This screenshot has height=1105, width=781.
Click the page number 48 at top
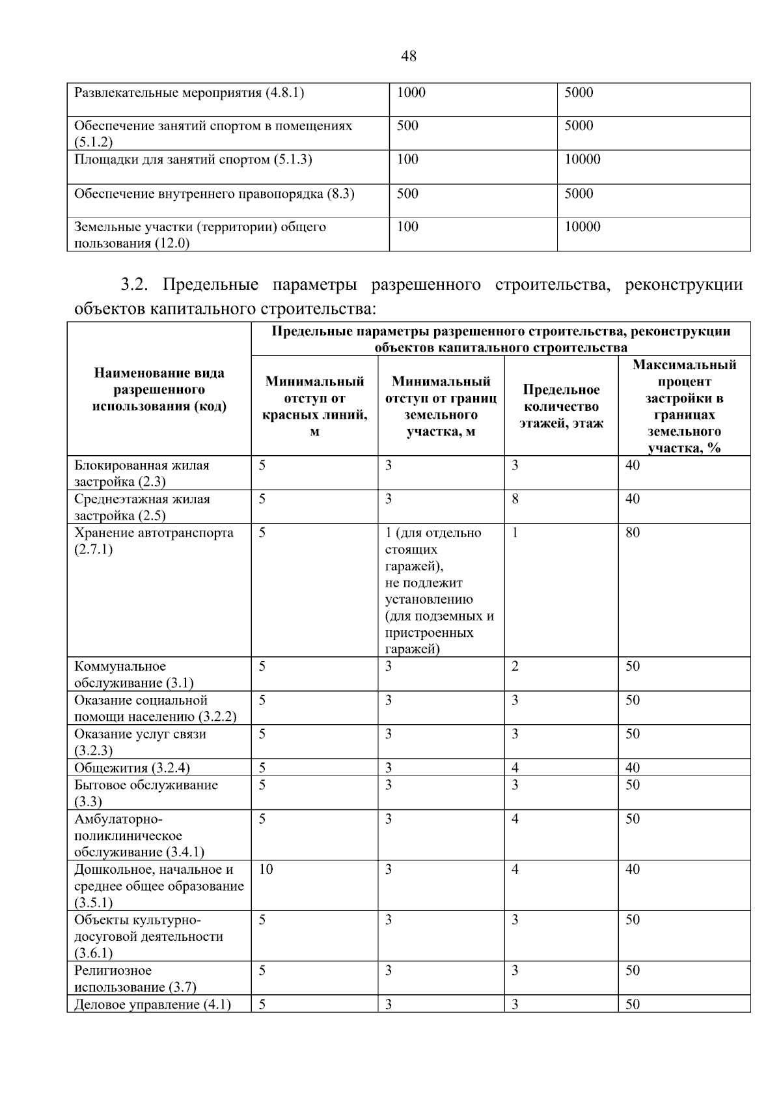[x=408, y=56]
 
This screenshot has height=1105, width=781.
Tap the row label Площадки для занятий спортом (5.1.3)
[x=193, y=160]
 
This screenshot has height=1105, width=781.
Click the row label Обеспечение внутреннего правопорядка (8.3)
[x=214, y=193]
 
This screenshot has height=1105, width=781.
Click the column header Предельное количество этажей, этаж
[x=560, y=406]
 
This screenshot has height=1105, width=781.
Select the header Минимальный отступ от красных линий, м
[x=314, y=406]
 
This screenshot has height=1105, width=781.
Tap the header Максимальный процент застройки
[x=683, y=406]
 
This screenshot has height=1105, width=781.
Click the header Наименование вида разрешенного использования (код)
[x=159, y=389]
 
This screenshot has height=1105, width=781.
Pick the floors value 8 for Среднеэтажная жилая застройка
[x=515, y=499]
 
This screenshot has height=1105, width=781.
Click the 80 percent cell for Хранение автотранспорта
[x=632, y=533]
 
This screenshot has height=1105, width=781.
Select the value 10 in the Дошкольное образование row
[x=266, y=869]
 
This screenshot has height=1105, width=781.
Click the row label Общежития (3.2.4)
[x=131, y=768]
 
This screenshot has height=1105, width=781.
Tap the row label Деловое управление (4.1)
[x=152, y=1004]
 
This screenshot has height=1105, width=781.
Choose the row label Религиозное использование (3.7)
[x=135, y=979]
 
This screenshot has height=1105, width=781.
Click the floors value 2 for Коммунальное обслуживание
[x=515, y=666]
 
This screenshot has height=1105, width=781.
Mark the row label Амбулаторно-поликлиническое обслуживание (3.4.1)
[x=139, y=835]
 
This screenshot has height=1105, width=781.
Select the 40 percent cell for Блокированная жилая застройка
[x=632, y=466]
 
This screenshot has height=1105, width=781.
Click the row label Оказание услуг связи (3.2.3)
[x=139, y=742]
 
